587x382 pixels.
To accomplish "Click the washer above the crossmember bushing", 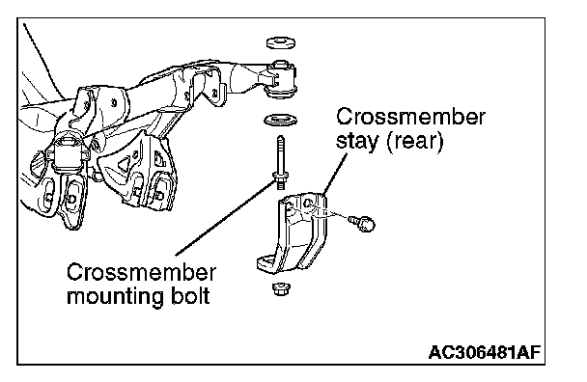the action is click(281, 43).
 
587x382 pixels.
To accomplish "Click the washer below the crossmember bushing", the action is click(281, 121).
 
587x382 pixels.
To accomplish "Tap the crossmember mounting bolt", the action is click(281, 162).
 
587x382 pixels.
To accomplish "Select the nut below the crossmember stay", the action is click(280, 288).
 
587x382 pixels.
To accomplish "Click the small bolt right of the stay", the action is click(362, 224).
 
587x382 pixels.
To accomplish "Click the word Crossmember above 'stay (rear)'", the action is click(410, 117).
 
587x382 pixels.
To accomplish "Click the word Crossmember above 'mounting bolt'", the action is click(142, 272).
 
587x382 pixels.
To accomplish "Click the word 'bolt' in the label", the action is click(191, 295).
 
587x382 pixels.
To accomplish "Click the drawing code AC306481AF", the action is click(485, 352).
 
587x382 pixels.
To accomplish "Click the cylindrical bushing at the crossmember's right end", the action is click(281, 79).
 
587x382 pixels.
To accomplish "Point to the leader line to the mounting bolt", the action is click(226, 218).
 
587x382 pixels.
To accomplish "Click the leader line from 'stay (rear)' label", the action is click(333, 174).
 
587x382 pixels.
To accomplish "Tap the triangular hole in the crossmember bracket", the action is click(124, 163).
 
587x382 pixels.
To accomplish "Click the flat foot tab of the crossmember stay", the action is click(266, 263).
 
